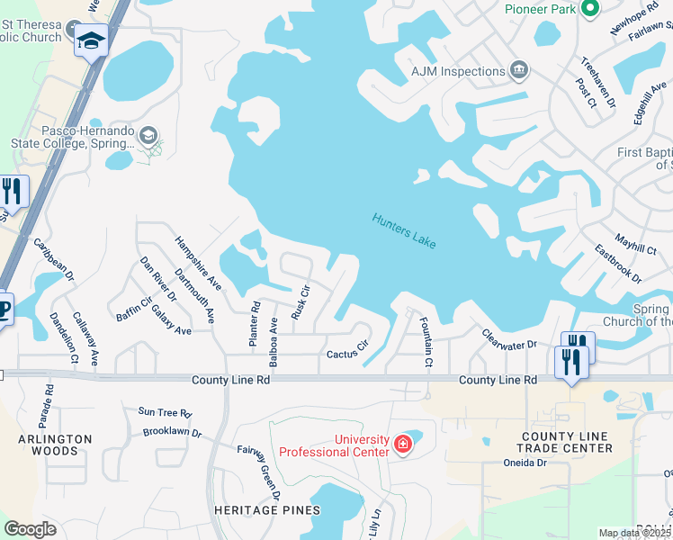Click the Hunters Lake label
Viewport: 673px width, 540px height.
(405, 231)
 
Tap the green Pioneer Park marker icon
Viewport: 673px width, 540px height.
(590, 10)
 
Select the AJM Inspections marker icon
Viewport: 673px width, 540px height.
(518, 71)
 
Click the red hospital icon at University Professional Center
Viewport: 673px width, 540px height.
(403, 445)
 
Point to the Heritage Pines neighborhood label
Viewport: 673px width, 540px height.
(267, 510)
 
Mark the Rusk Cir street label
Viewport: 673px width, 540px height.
(300, 303)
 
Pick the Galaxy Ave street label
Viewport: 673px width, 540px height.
(171, 318)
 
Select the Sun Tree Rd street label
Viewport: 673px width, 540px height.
(165, 413)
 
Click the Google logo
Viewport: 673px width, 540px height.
(30, 528)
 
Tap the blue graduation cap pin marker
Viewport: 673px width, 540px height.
(91, 40)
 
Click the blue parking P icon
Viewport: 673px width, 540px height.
(4, 308)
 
